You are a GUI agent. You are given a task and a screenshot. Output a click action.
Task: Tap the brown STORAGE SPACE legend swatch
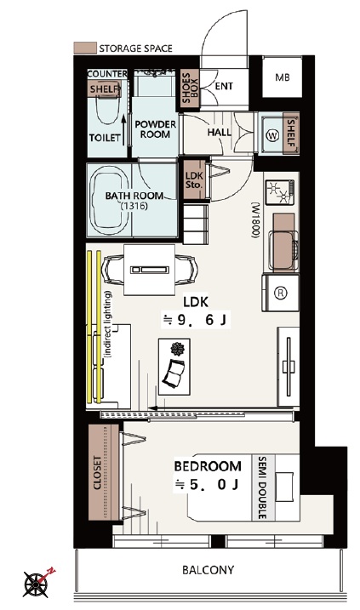pos(85,48)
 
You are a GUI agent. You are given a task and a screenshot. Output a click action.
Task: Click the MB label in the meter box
pos(283,77)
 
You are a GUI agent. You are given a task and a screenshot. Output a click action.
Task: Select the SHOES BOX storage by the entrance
pos(190,88)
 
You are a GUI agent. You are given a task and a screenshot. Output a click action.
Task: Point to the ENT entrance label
pos(224,86)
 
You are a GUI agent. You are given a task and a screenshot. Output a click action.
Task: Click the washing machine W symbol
pos(273,136)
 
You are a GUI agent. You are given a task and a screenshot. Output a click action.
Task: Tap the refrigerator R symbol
pos(281,293)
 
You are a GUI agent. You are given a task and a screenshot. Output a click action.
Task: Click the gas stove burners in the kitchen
pos(280,192)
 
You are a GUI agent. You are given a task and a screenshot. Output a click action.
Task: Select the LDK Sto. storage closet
pos(194,180)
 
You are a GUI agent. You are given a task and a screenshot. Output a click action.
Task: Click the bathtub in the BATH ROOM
pos(109,201)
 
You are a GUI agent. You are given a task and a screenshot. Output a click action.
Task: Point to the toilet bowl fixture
pos(107,110)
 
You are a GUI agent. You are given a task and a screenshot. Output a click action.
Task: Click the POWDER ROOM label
pos(155,129)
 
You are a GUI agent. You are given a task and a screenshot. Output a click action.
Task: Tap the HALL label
pos(219,132)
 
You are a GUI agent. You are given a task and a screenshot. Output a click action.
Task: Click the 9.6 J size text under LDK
pos(196,320)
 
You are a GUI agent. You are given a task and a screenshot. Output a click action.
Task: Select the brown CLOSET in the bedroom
pos(104,472)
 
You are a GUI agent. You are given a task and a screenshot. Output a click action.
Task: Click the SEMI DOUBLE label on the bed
pos(261,487)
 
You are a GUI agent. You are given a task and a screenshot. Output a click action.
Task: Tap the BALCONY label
pos(209,570)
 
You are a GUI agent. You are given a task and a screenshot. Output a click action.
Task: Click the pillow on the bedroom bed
pos(284,487)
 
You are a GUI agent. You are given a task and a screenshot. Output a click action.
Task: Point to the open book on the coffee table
pos(173,373)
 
